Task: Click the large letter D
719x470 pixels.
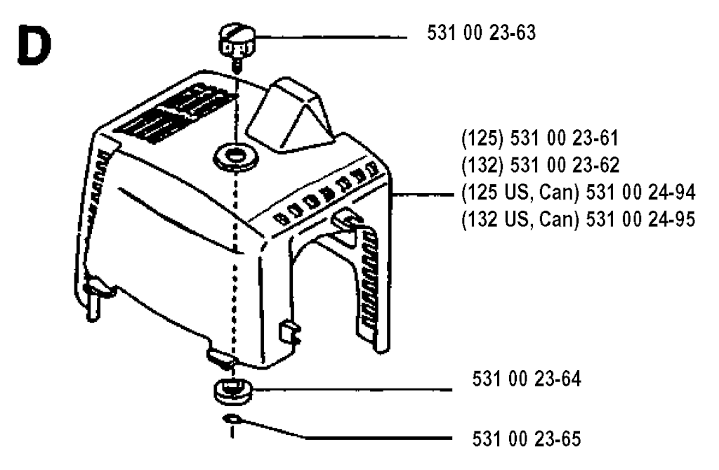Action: tap(34, 44)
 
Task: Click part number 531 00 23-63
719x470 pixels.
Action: tap(482, 33)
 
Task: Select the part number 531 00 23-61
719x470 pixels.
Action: tap(565, 138)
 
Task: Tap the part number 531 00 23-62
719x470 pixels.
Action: tap(565, 165)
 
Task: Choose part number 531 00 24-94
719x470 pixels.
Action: tap(640, 192)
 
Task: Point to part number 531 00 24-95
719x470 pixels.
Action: tap(640, 219)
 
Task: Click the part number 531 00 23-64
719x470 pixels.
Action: tap(527, 379)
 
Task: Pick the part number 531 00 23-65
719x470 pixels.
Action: tap(527, 439)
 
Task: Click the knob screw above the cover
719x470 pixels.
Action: tap(237, 45)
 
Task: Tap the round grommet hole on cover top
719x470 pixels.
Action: tap(236, 157)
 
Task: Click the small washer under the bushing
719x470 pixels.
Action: tap(232, 419)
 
